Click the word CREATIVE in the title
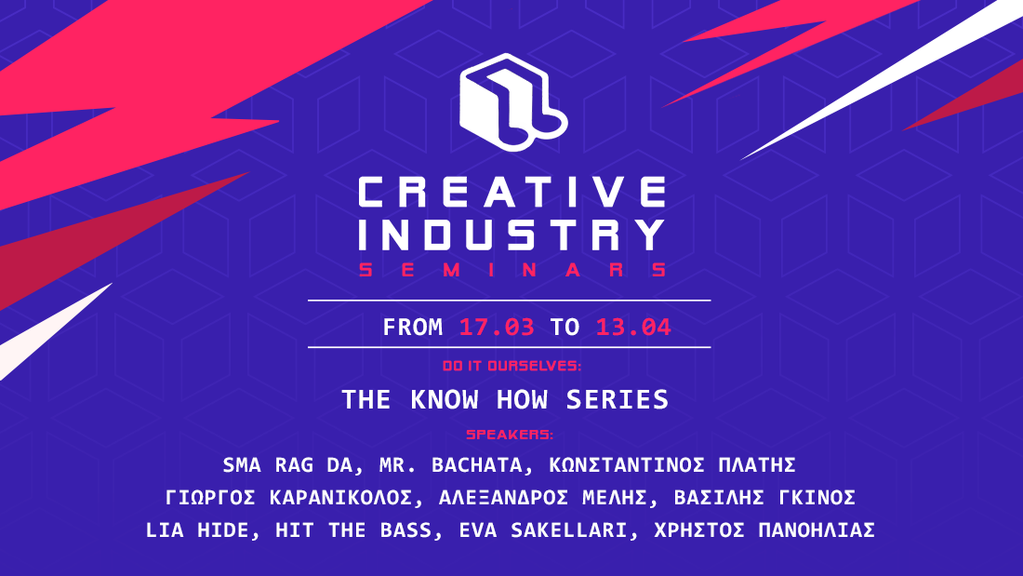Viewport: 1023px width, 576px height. click(x=512, y=193)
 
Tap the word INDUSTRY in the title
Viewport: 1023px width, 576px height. click(x=512, y=234)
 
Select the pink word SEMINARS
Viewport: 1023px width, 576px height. click(x=512, y=270)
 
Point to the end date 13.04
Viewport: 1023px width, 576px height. click(x=633, y=328)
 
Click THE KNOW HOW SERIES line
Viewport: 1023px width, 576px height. click(x=505, y=400)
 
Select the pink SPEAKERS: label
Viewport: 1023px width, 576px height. click(x=510, y=435)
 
